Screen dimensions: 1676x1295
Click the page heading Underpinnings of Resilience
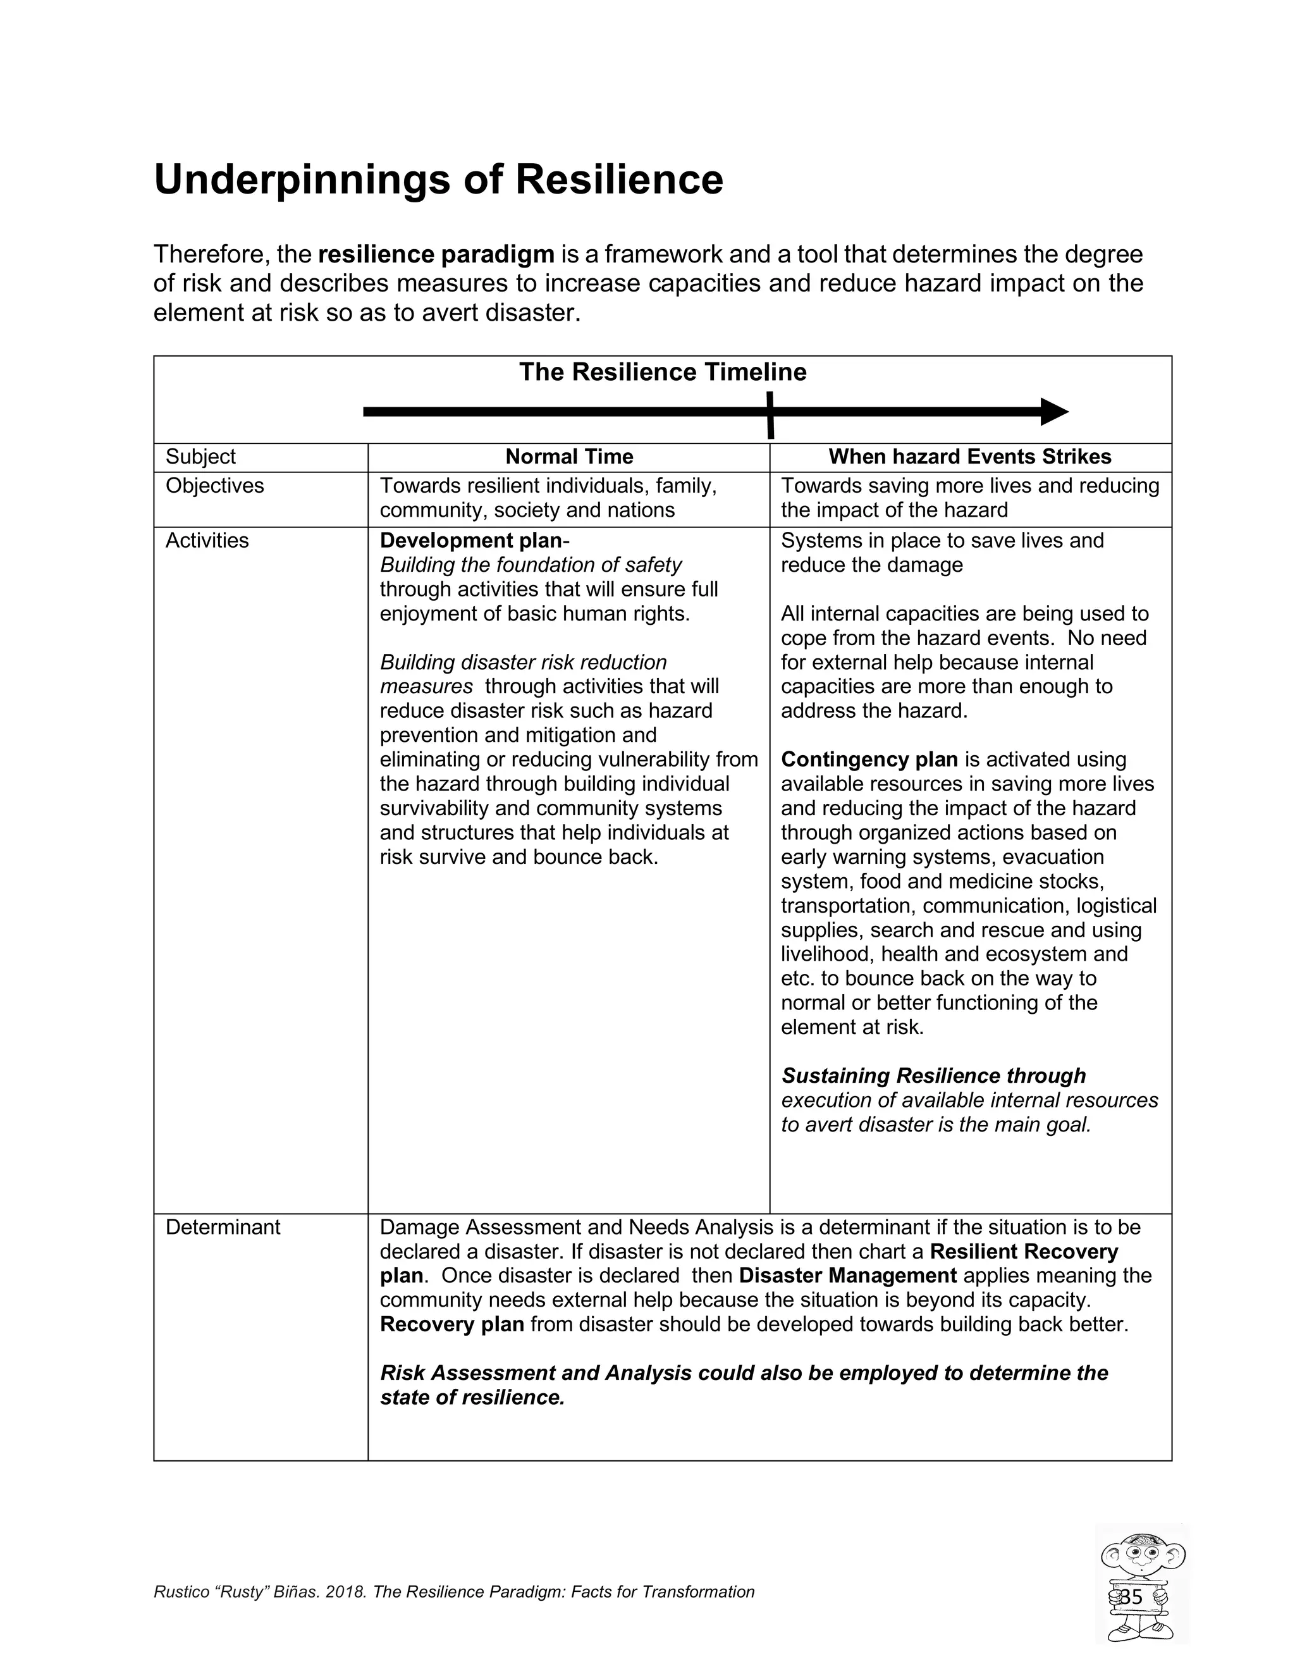pos(438,179)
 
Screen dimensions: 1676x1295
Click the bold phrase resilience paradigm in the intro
pos(436,254)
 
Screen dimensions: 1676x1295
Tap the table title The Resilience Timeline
pos(662,372)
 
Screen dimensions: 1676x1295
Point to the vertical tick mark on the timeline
pos(770,414)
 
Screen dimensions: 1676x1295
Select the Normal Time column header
pos(568,457)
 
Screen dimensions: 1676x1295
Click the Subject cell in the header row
pos(200,457)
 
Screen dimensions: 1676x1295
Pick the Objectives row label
pos(214,486)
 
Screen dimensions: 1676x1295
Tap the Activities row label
pos(207,541)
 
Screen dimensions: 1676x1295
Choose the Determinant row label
pos(223,1227)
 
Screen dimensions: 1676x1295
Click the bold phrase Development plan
pos(471,541)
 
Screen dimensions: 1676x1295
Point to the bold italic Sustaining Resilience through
pos(933,1076)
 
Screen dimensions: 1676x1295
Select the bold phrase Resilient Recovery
pos(1024,1252)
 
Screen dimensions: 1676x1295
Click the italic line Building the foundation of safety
pos(530,565)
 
